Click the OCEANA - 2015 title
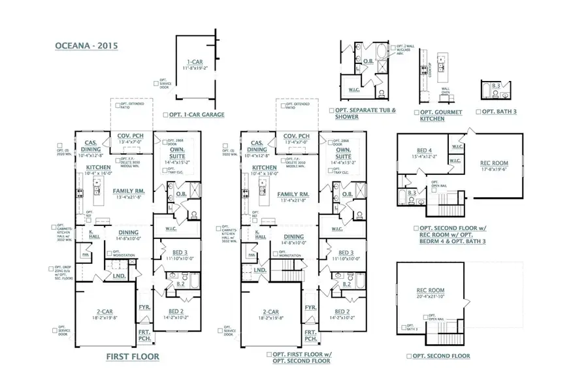point(82,46)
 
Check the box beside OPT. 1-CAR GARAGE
point(165,114)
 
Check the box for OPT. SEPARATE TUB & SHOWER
point(332,110)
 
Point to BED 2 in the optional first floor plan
point(340,311)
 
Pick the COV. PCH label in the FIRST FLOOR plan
point(130,136)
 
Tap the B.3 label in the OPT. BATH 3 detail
point(496,86)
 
